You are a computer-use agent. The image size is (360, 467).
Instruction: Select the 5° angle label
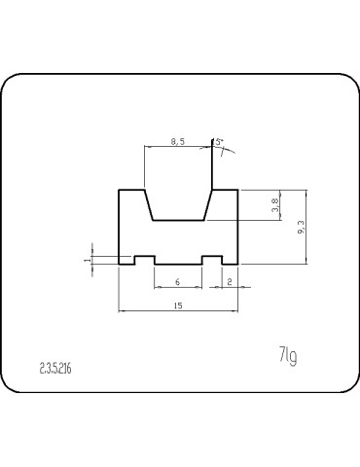point(220,142)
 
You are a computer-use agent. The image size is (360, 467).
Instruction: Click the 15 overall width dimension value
point(178,305)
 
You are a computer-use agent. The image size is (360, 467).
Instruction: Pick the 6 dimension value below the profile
point(177,281)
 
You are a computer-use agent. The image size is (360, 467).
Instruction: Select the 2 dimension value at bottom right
point(228,281)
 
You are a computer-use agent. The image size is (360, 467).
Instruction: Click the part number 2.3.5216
point(56,369)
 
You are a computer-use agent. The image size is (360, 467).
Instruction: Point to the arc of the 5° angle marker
point(229,152)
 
